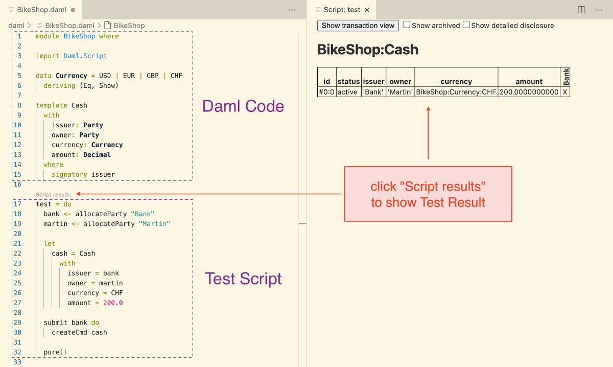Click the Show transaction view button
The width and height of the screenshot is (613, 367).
[x=358, y=26]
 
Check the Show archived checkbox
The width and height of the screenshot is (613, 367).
[x=407, y=25]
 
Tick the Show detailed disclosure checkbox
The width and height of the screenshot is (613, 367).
[x=466, y=25]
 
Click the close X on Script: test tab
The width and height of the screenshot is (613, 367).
[x=367, y=10]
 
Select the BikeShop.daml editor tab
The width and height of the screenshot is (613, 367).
[x=41, y=10]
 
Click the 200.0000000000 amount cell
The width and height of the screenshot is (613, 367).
[x=529, y=92]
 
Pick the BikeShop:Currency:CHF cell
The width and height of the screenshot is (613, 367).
[x=456, y=92]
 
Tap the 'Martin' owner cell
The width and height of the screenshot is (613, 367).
[x=400, y=92]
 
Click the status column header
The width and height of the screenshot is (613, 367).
[x=348, y=81]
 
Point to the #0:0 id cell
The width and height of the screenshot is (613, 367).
[x=326, y=92]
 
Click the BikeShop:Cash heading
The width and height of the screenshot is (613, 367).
[x=368, y=50]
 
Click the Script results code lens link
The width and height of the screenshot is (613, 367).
[x=53, y=194]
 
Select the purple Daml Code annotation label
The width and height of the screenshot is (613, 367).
[x=243, y=106]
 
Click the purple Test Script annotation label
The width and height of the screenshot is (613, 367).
[x=243, y=279]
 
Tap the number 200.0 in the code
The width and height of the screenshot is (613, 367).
[x=113, y=303]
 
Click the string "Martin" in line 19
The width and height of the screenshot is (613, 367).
[x=154, y=224]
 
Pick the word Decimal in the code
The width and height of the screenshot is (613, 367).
[x=97, y=155]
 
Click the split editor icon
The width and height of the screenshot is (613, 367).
[x=581, y=10]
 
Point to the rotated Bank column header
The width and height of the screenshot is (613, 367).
[x=565, y=77]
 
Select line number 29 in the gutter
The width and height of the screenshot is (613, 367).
[x=17, y=323]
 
